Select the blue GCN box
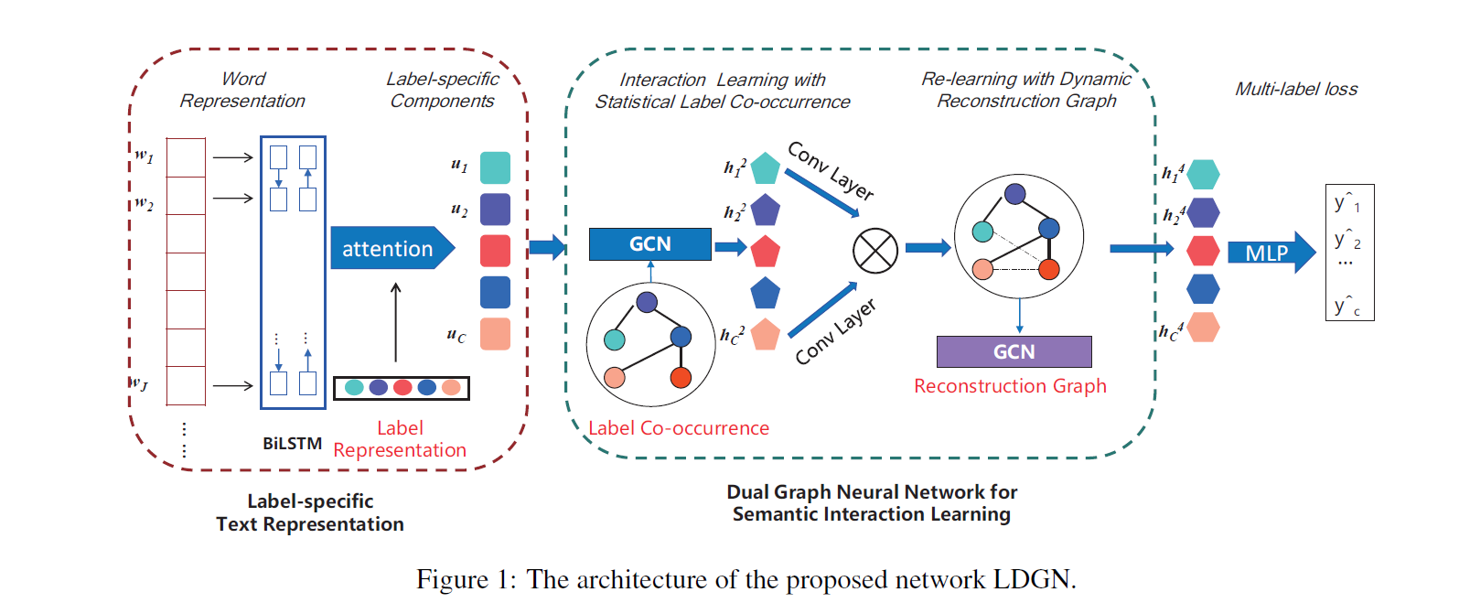coord(649,244)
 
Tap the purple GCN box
coord(1014,351)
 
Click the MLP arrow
coord(1271,253)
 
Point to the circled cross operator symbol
coord(874,250)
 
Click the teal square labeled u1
coord(495,167)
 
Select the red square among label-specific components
coord(495,251)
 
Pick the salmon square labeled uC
coord(495,334)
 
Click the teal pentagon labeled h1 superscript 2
coord(765,168)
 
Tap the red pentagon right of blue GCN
coord(765,252)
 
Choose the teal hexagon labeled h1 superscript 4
coord(1203,174)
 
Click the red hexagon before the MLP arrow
coord(1203,250)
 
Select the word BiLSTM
coord(292,444)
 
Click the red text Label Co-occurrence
coord(678,428)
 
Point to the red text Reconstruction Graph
coord(1010,386)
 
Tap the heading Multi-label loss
coord(1296,89)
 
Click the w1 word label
coord(145,156)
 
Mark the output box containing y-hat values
coord(1349,253)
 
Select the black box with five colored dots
coord(402,388)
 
